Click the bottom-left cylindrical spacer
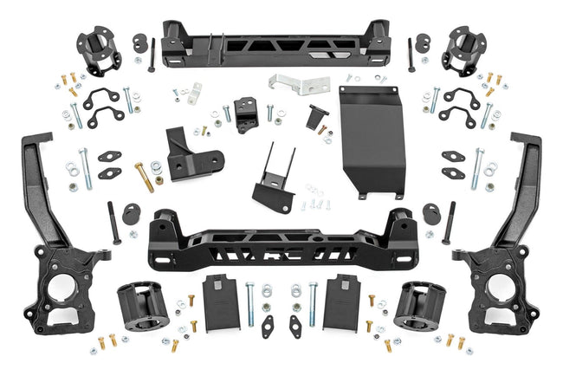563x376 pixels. point(139,308)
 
